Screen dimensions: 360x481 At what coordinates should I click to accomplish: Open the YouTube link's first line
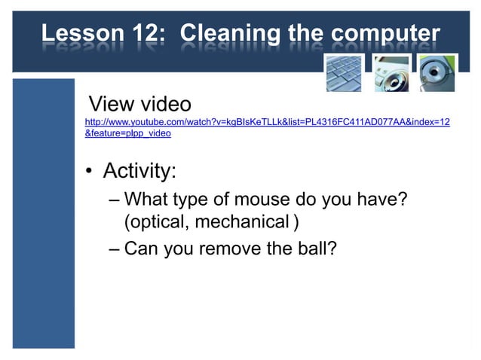[268, 121]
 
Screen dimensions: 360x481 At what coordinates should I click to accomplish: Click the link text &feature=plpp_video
[128, 133]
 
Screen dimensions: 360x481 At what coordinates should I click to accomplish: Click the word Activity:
[139, 171]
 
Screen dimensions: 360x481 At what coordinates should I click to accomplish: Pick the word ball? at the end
[314, 248]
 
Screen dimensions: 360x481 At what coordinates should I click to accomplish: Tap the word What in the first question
[146, 200]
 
